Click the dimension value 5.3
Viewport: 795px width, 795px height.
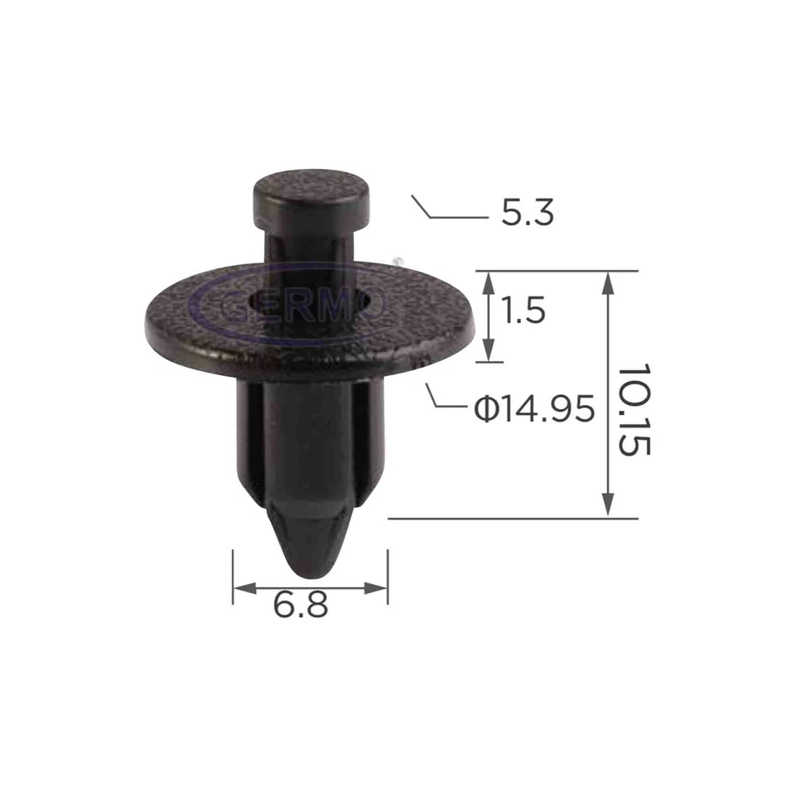click(x=527, y=214)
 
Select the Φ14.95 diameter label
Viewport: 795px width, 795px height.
click(x=534, y=408)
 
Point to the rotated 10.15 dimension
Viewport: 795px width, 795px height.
click(x=635, y=410)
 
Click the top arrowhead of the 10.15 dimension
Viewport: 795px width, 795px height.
click(x=609, y=282)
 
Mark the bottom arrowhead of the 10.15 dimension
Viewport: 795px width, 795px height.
click(x=609, y=507)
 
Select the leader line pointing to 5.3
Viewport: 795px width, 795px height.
click(x=451, y=213)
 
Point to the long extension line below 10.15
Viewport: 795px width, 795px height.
click(x=513, y=518)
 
